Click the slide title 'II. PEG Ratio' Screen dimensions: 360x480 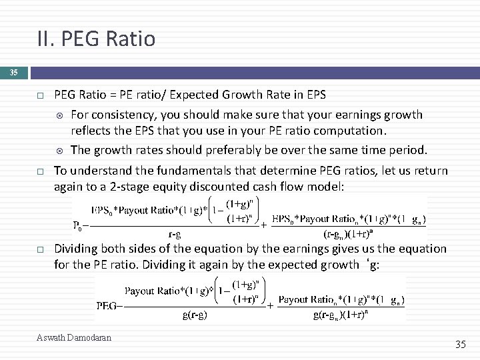[96, 39]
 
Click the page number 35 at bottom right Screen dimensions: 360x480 [460, 344]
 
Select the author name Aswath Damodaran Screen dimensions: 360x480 [74, 338]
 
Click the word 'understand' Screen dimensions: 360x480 [97, 171]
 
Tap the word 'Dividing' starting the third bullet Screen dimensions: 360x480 [77, 249]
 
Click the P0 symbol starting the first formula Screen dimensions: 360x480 [79, 226]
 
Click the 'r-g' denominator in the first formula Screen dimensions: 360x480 [174, 234]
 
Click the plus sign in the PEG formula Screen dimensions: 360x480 [270, 305]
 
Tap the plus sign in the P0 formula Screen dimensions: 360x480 [264, 225]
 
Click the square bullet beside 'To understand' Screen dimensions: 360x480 [41, 171]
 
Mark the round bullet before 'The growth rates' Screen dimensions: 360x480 [60, 149]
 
